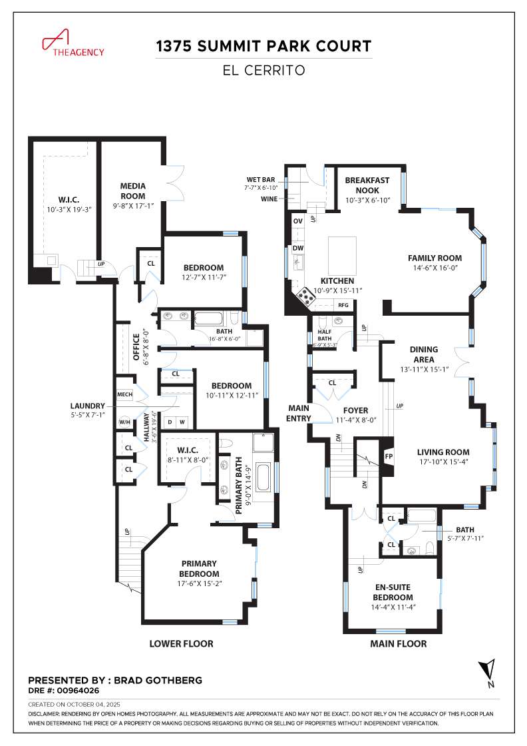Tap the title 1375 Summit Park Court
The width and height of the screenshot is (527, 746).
(263, 47)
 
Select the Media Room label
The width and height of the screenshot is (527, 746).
(132, 190)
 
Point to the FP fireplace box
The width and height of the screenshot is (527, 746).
(389, 457)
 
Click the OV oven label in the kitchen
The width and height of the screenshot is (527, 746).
(298, 221)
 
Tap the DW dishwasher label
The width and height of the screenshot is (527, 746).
(298, 248)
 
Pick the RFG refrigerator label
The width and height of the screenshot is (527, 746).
(343, 305)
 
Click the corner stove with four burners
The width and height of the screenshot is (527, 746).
(306, 296)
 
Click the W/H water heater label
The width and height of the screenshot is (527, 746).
(124, 422)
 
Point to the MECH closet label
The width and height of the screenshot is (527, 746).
(124, 394)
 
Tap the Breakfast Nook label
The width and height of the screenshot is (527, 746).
(367, 185)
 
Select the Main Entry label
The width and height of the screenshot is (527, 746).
(299, 413)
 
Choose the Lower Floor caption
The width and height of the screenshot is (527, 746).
(181, 644)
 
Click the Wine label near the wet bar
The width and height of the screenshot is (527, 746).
(269, 198)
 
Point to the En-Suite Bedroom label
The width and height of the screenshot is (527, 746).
(393, 593)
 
